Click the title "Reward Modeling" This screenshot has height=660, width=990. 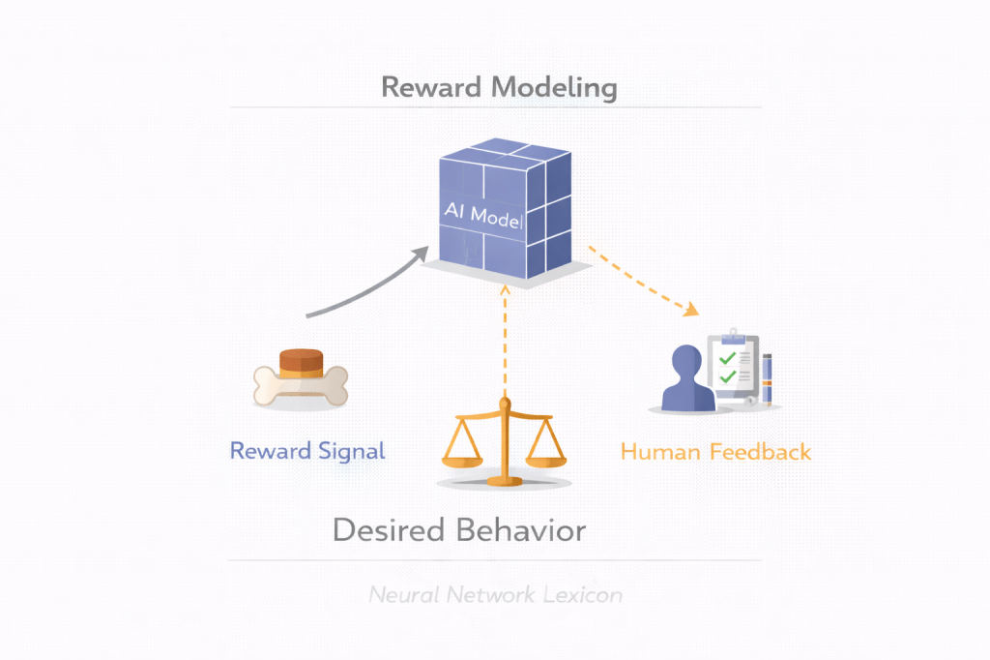click(499, 87)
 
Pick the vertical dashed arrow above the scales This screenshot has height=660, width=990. click(503, 339)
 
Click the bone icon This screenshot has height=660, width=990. click(300, 385)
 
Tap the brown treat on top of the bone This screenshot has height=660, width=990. click(300, 362)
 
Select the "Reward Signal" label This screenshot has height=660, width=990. click(307, 451)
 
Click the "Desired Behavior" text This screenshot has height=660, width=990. click(459, 530)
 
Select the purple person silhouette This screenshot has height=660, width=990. click(687, 379)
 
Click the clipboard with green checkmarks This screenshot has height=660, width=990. click(734, 366)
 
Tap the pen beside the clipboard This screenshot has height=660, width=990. click(769, 378)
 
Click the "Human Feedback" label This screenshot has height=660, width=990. click(715, 452)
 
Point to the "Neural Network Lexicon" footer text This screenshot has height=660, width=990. click(495, 595)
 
